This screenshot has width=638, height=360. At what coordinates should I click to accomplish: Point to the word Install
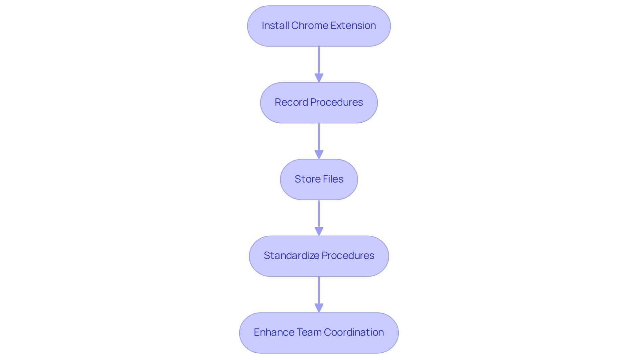(275, 26)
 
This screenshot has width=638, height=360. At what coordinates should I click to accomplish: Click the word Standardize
(291, 256)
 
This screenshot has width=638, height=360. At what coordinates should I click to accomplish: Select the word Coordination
(354, 332)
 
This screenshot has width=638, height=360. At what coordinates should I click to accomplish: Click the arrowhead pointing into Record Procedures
(319, 78)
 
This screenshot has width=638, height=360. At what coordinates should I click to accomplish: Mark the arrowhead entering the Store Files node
(319, 155)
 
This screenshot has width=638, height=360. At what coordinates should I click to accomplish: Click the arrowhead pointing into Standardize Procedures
(319, 231)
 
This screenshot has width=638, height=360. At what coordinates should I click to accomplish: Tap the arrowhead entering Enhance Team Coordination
(319, 308)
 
